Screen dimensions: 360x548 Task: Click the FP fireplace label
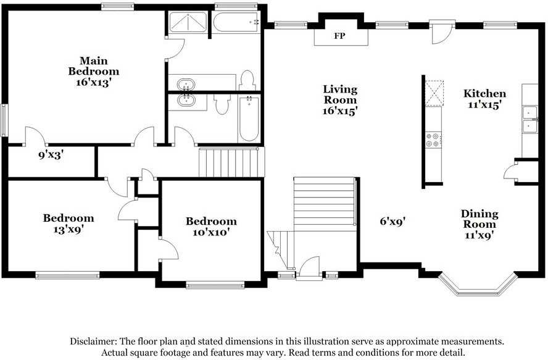coord(339,36)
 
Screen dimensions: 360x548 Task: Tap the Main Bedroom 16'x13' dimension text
coord(94,81)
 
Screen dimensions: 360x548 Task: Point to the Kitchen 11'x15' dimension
coord(485,105)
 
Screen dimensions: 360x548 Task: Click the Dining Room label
coord(479,219)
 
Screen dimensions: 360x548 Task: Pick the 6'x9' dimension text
coord(392,220)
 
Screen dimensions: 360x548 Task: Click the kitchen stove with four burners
coord(433,140)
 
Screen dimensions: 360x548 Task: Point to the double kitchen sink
coord(529,119)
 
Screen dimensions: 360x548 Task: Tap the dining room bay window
coord(476,285)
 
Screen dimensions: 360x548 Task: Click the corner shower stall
coord(188,23)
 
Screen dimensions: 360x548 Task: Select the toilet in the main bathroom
coord(247,80)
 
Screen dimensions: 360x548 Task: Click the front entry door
coord(309,269)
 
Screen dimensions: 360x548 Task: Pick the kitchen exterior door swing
coord(442,33)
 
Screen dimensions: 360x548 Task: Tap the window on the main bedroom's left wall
coord(4,120)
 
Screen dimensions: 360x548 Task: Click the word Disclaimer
coord(93,341)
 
